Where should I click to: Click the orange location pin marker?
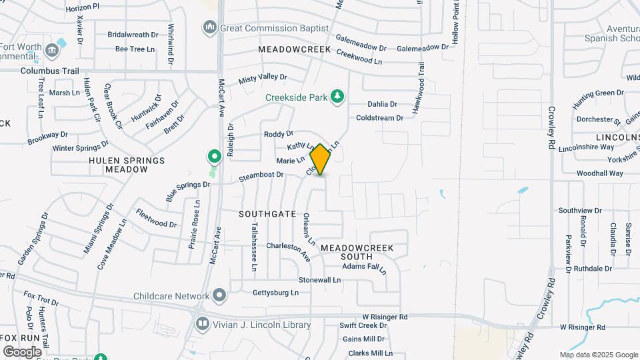pos(321,159)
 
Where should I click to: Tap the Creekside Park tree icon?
pos(338,97)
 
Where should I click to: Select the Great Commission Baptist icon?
pos(209,28)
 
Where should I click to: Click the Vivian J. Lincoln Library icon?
pos(202,325)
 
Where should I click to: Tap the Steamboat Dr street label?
pos(261,177)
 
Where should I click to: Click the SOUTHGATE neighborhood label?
pos(267,214)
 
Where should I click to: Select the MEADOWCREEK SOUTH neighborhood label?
pos(357,252)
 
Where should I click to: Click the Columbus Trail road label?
pos(50,71)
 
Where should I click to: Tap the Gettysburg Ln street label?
pos(275,293)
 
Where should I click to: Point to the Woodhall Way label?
pos(600,173)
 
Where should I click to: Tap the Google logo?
pos(22,351)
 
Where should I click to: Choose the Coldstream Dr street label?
pos(380,118)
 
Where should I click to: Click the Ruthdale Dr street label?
pos(593,269)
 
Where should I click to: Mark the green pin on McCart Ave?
pos(215,157)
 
